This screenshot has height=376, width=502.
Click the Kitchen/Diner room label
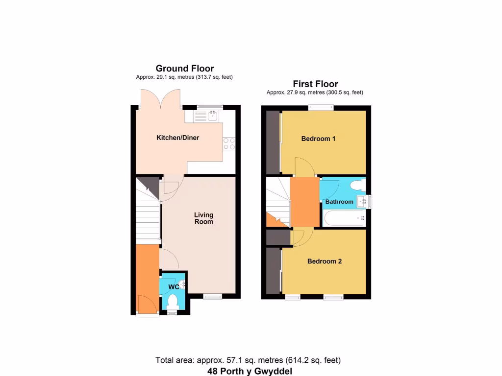[177, 138]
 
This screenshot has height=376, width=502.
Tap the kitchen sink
[212, 116]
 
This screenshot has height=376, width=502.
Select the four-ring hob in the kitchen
[229, 143]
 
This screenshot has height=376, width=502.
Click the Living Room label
[203, 218]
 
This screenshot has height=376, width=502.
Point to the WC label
[173, 286]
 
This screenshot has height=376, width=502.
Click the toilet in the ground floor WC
[173, 301]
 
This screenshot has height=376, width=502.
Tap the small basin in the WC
[182, 283]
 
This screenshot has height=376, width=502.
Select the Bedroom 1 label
[318, 139]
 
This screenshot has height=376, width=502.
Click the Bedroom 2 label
[325, 261]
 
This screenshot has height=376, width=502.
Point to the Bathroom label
[339, 202]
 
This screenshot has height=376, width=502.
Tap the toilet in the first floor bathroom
[358, 186]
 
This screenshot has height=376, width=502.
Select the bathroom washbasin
[363, 201]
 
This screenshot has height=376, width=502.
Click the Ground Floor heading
[185, 69]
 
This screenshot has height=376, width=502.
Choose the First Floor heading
[315, 84]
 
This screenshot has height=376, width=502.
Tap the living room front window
[212, 295]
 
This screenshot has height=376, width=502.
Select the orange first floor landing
[304, 201]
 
